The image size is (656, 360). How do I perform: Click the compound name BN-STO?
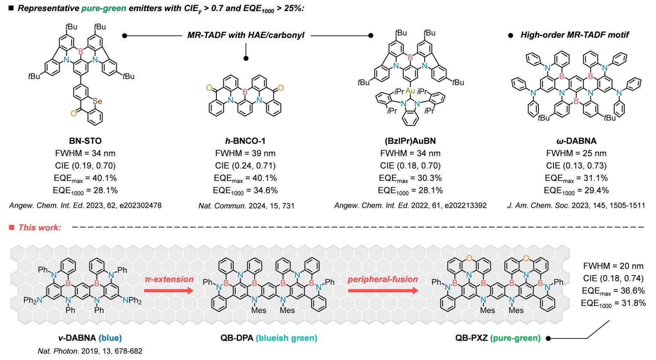click(85, 140)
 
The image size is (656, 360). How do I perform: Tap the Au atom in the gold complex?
click(410, 91)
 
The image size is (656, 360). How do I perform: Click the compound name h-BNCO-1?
click(245, 141)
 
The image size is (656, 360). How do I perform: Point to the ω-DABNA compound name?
click(576, 141)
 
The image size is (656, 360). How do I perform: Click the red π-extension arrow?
click(169, 290)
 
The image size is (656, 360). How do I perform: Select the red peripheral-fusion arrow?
click(383, 290)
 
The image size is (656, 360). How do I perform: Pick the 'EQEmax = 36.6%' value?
click(613, 290)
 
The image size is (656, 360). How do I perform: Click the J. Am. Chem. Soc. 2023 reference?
click(576, 206)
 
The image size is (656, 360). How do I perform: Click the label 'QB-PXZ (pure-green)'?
click(498, 338)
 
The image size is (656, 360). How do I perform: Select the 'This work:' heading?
click(39, 227)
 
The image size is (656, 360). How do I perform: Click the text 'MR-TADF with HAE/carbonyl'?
click(246, 35)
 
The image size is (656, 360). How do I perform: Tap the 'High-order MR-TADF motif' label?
click(574, 35)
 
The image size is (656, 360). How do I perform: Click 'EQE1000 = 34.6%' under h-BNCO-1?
click(245, 191)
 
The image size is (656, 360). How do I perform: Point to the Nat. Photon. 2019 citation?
click(90, 351)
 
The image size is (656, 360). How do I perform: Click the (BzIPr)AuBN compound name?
click(410, 141)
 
